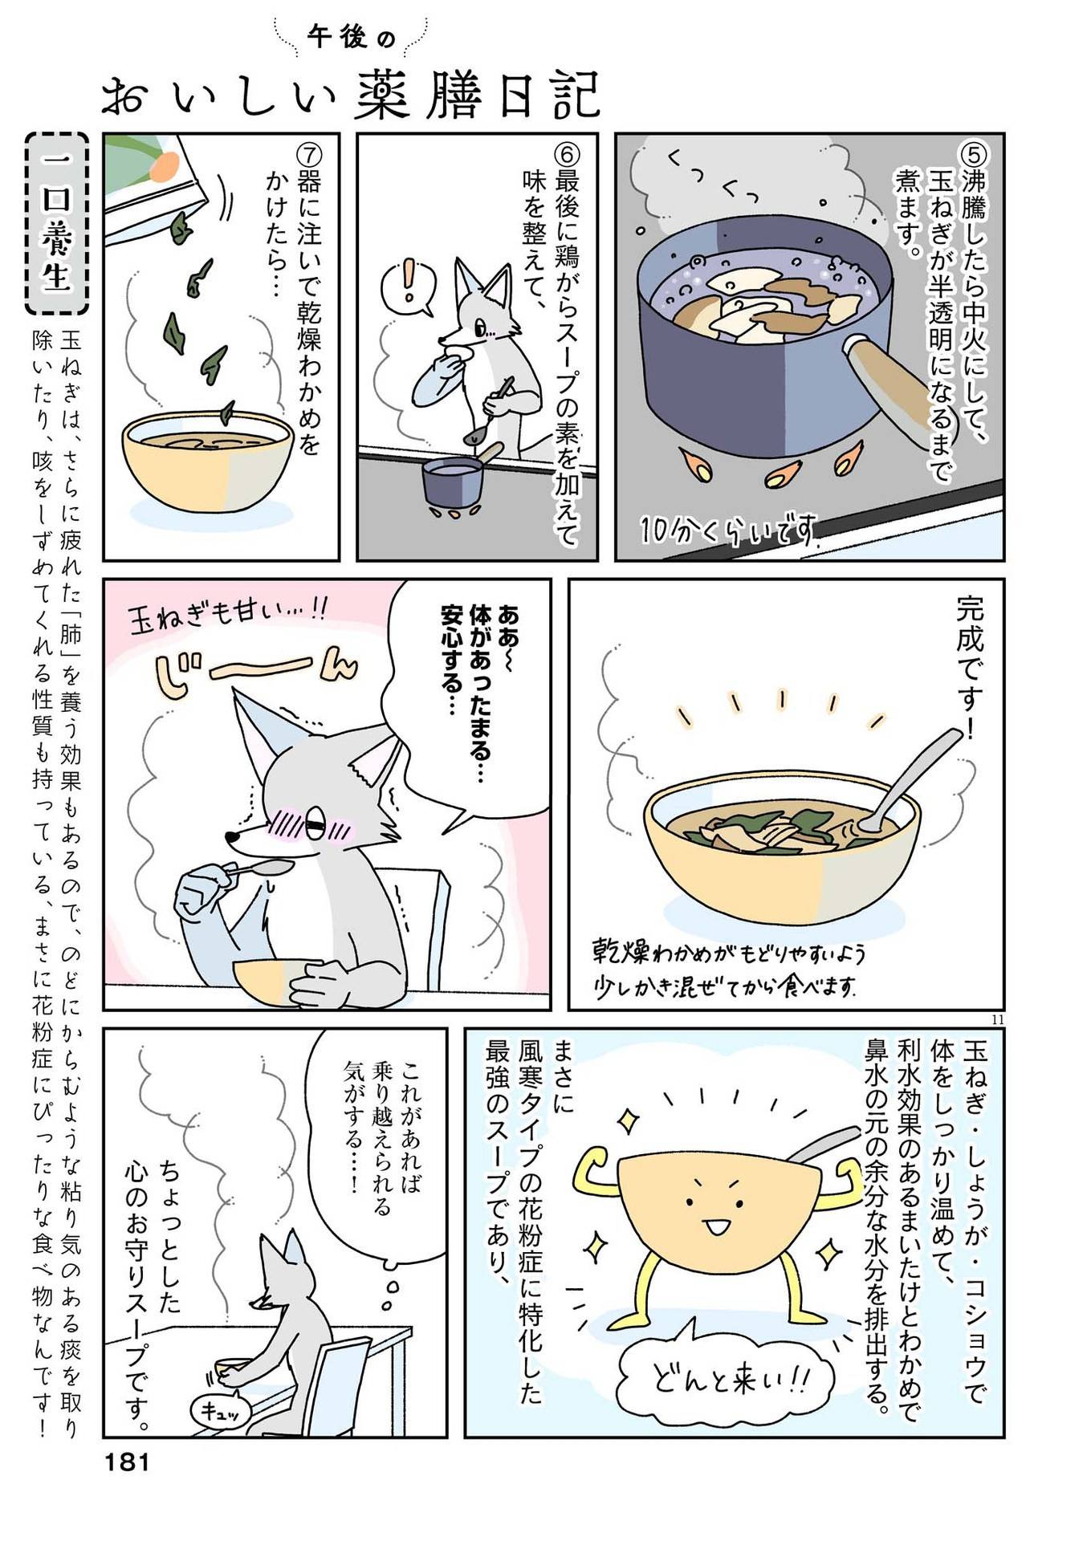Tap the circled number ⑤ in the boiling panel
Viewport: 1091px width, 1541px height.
coord(974,154)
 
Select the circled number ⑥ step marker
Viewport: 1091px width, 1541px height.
coord(567,154)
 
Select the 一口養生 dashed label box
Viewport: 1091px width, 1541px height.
coord(57,223)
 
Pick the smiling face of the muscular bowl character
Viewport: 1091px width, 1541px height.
coord(713,1208)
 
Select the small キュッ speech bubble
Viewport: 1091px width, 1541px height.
coord(219,1412)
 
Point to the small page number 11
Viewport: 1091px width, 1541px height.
coord(997,1019)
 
